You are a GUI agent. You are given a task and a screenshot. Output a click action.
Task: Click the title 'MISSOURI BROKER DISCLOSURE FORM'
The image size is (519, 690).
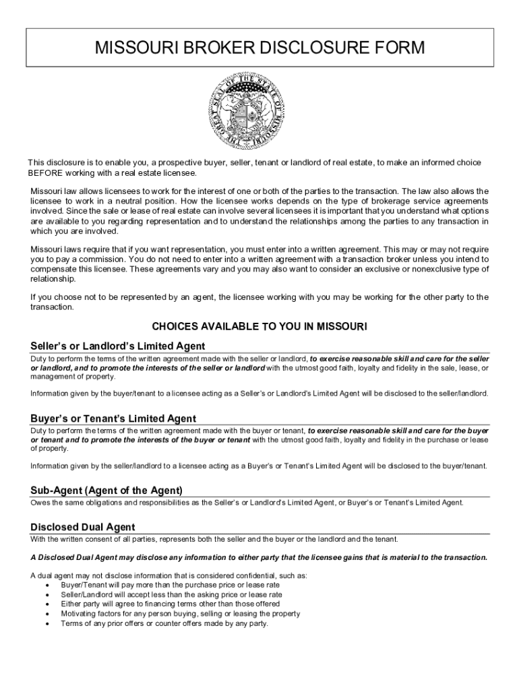point(259,49)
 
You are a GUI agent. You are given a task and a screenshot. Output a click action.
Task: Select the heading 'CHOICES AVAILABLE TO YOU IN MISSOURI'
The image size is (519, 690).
point(259,327)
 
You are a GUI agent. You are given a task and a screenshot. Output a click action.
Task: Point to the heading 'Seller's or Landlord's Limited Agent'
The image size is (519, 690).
point(118,346)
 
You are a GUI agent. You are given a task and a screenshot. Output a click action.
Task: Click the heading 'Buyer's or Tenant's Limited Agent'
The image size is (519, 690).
point(113,418)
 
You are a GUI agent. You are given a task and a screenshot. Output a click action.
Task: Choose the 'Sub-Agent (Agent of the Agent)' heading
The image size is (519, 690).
point(106,491)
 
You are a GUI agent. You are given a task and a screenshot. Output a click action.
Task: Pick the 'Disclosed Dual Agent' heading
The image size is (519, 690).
point(83,527)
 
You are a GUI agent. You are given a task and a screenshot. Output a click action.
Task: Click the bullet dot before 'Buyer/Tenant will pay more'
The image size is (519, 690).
point(46,586)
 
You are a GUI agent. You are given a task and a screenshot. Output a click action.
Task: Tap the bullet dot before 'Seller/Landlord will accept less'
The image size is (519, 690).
point(46,595)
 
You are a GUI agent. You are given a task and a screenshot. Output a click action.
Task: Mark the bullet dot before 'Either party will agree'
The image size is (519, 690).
point(46,604)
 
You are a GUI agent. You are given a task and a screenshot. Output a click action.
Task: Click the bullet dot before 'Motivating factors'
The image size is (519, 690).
point(46,614)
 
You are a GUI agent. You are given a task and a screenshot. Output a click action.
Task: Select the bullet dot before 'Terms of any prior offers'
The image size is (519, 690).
point(46,623)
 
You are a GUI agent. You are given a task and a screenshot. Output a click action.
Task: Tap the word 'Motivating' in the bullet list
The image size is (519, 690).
point(78,614)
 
